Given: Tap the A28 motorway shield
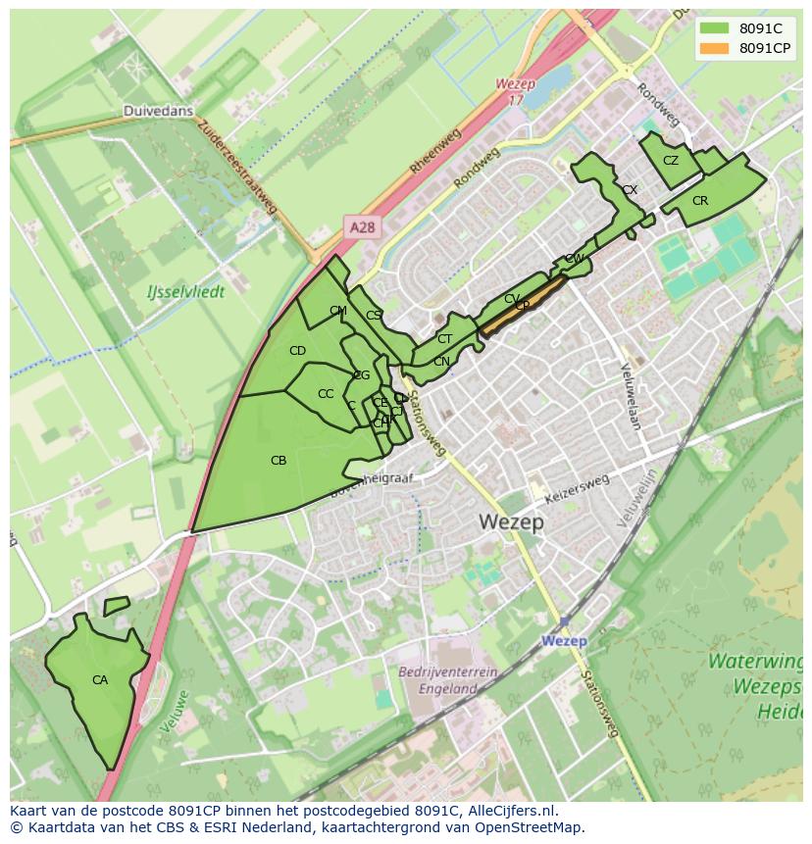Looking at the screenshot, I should [x=362, y=227].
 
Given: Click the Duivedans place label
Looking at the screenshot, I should [x=157, y=112].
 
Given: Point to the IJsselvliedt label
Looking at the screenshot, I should [x=185, y=292].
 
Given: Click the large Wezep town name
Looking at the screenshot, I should [x=512, y=521].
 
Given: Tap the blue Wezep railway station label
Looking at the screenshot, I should [x=564, y=641].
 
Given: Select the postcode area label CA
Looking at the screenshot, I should [x=100, y=679].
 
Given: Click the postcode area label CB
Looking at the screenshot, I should [x=279, y=460].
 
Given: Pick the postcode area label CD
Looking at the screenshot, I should [x=297, y=351].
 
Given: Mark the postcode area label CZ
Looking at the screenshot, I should [x=671, y=161].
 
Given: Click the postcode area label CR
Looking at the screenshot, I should [x=700, y=201].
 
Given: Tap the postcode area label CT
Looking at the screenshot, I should [x=444, y=339].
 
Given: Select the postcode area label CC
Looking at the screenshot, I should [x=326, y=394].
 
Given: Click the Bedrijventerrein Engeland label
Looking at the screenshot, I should [x=448, y=680].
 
